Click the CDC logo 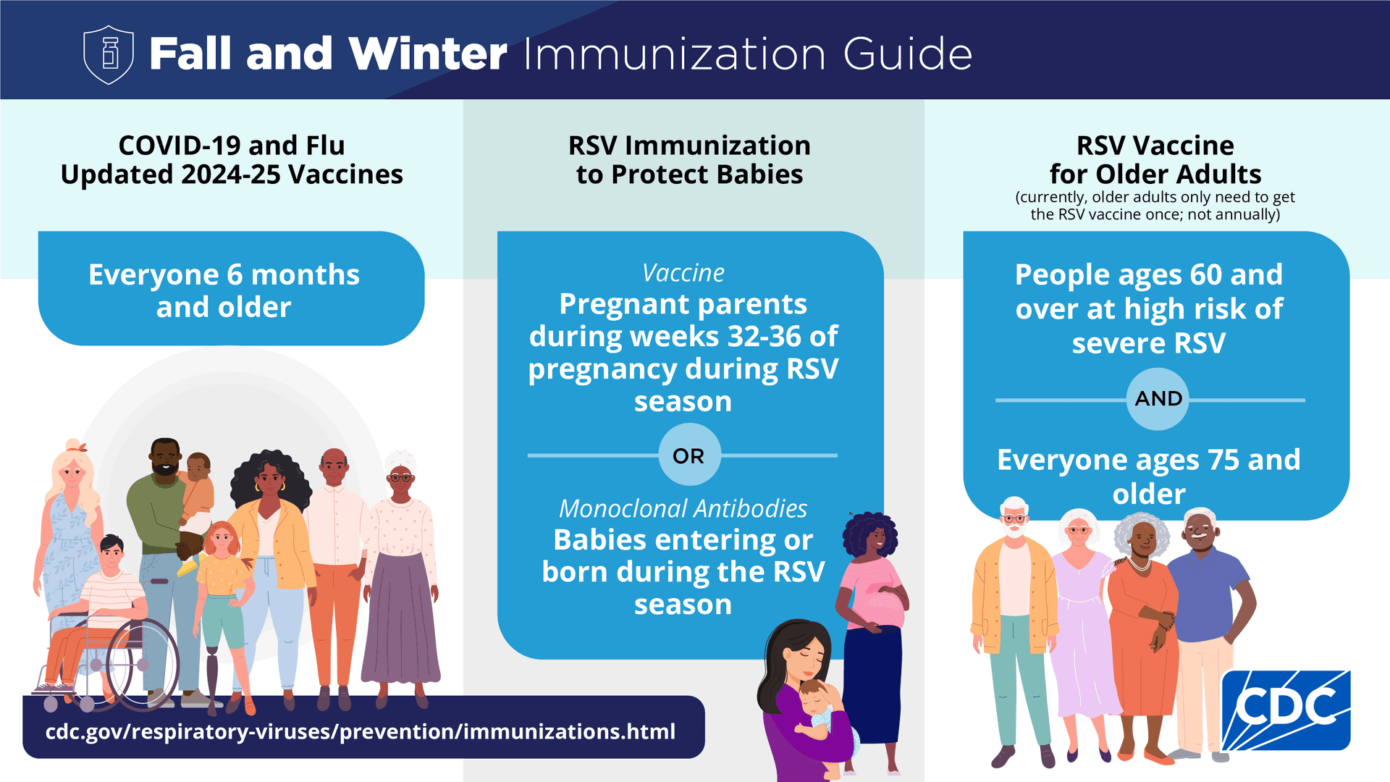(x=1286, y=710)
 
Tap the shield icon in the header (x=109, y=54)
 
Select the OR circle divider (x=689, y=455)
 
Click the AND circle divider (x=1158, y=399)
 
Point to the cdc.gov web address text (x=361, y=731)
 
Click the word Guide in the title (x=908, y=54)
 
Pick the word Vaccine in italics (x=683, y=273)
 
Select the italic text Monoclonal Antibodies (x=683, y=508)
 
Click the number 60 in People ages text (x=1206, y=275)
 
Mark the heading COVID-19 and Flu (x=232, y=146)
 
